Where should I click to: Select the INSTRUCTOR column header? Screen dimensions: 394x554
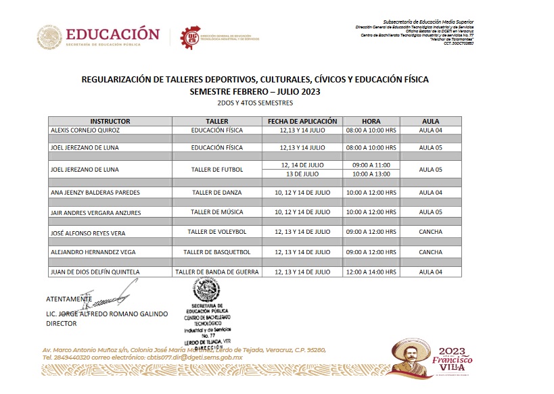point(110,122)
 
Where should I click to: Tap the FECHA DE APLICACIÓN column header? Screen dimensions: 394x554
point(302,122)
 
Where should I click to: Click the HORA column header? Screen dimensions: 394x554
point(371,122)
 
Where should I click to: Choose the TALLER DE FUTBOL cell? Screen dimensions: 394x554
point(216,169)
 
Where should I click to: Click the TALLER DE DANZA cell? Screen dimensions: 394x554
point(216,193)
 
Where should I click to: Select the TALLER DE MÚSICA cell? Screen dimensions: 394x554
point(216,212)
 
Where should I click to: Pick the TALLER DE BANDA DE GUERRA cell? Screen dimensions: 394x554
point(216,272)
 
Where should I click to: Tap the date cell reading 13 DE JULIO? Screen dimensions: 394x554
point(302,173)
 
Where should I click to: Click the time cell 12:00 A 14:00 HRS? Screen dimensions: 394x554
point(371,272)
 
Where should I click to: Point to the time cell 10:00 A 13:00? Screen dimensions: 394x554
point(371,173)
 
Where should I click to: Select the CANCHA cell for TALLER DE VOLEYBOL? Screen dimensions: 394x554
point(431,232)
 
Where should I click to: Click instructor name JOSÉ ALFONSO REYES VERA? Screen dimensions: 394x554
point(88,232)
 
